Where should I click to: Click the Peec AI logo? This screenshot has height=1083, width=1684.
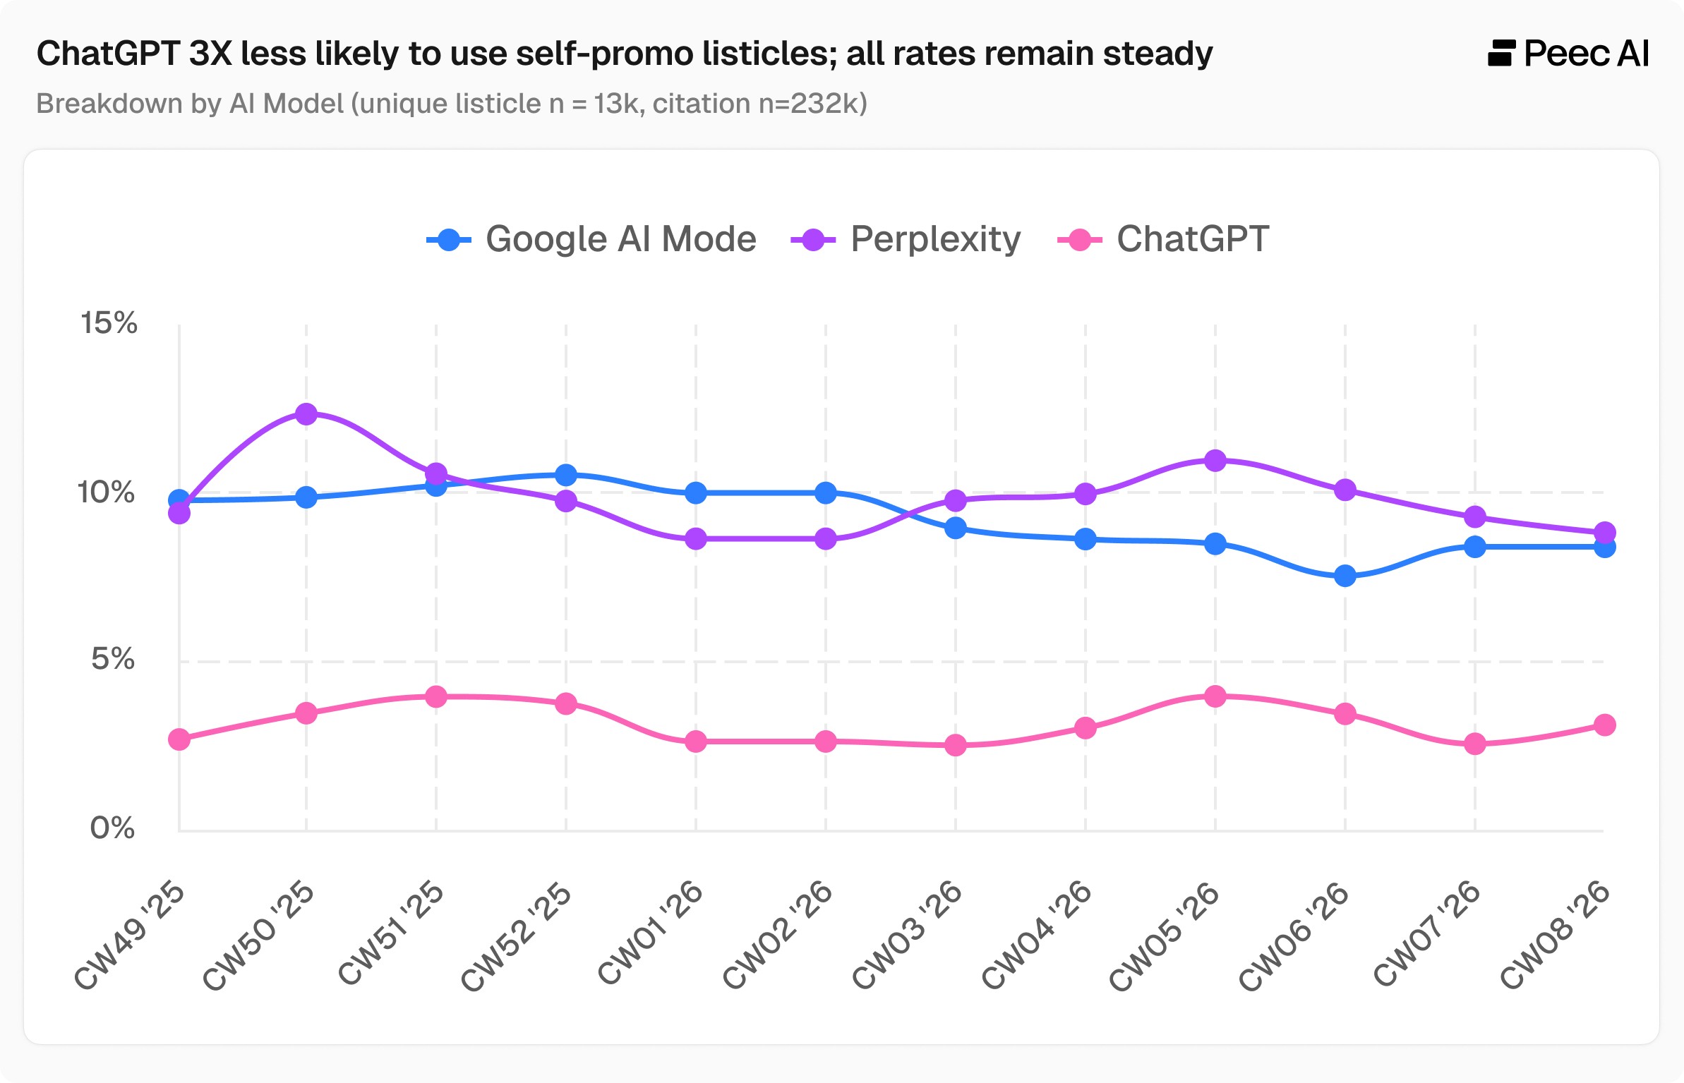(1568, 54)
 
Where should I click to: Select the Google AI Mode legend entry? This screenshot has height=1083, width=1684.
(591, 239)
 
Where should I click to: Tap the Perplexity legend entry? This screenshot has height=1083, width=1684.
(906, 239)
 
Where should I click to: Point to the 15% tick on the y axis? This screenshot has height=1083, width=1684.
(109, 323)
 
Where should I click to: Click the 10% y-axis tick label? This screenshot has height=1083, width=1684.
(106, 492)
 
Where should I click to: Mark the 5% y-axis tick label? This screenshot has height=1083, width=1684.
(112, 659)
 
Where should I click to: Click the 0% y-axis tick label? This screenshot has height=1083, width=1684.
(112, 827)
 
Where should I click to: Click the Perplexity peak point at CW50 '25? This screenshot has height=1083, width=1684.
(306, 413)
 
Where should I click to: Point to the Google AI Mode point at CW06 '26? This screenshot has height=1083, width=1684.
(1345, 576)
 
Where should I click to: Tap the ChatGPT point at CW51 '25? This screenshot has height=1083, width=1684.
(436, 696)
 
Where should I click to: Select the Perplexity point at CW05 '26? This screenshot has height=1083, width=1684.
(1215, 461)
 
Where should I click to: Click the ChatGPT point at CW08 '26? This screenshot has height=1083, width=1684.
(1605, 725)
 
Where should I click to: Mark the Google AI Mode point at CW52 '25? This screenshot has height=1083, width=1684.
(566, 475)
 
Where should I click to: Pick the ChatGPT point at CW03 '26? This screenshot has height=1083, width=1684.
(956, 745)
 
